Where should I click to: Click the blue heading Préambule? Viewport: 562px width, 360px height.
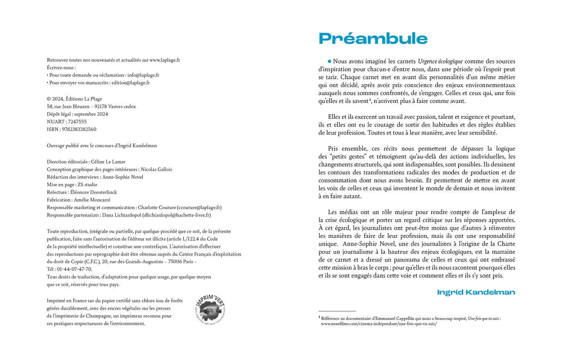[373, 39]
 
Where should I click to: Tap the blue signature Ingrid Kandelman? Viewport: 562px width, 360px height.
[476, 292]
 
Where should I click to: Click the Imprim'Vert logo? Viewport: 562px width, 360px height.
[211, 310]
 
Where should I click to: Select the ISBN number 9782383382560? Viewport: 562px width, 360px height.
[79, 129]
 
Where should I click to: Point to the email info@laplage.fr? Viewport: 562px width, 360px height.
[143, 75]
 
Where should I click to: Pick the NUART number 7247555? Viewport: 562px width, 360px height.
[77, 122]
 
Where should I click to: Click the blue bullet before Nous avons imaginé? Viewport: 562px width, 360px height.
[330, 61]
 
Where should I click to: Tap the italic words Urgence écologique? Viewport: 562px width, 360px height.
[440, 61]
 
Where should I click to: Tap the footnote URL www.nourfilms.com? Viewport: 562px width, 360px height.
[379, 324]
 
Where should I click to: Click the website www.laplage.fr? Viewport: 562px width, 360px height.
[165, 60]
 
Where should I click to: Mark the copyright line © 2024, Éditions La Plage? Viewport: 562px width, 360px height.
[74, 99]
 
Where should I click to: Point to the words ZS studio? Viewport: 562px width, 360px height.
[88, 185]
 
